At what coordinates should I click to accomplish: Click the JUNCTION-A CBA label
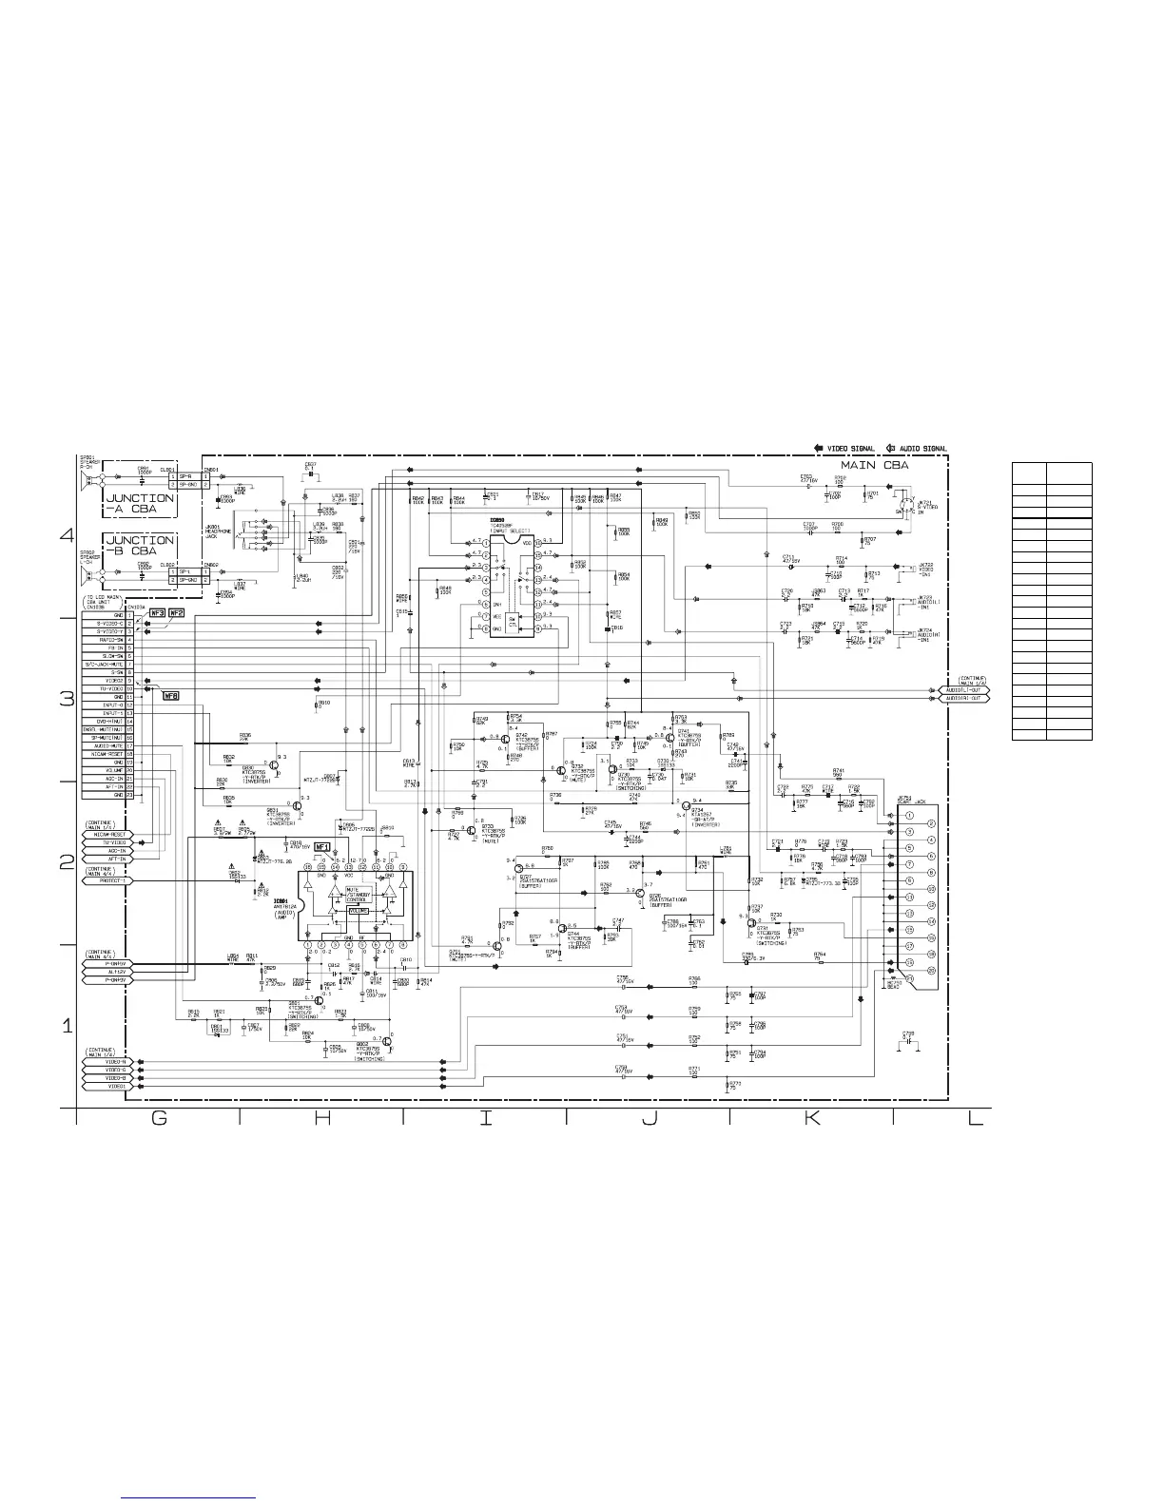click(139, 503)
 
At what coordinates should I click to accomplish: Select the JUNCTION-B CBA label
click(139, 546)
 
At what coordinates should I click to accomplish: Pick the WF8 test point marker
click(172, 696)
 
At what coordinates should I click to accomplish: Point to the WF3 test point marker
click(158, 614)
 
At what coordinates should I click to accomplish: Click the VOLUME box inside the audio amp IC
click(359, 911)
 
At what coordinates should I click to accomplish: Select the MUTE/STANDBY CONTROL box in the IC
click(358, 895)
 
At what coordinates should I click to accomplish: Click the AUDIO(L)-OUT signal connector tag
click(964, 689)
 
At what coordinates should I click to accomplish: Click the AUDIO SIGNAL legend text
click(923, 448)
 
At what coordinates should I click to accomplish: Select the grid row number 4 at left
click(67, 535)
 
